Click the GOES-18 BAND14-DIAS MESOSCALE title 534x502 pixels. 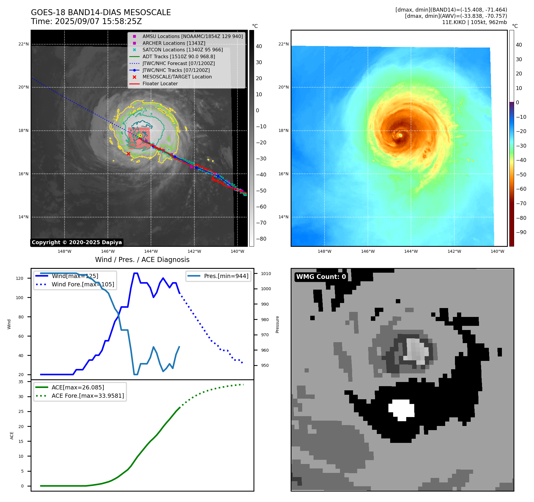coord(101,12)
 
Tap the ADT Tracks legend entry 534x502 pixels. coord(179,56)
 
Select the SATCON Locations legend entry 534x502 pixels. coord(182,50)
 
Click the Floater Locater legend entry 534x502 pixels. coord(160,83)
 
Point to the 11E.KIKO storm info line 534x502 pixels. coord(474,22)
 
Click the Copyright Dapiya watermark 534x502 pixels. coord(77,242)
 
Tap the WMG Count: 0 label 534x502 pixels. coord(321,277)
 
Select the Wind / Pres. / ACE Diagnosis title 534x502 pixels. coord(142,260)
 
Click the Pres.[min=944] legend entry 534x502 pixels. coord(226,276)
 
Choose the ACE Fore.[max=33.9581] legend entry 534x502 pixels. coord(88,396)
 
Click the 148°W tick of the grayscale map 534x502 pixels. coord(64,251)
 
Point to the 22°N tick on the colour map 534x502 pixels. coord(283,44)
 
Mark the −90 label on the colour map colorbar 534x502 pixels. coord(521,232)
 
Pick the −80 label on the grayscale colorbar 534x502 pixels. coord(261,239)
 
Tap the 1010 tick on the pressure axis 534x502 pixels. coord(266,274)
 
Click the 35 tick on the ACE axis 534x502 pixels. coord(21,382)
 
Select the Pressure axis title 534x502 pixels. coord(277,324)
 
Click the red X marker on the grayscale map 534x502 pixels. coord(128,154)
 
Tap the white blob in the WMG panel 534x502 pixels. coord(401,410)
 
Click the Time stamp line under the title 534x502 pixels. coord(86,21)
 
